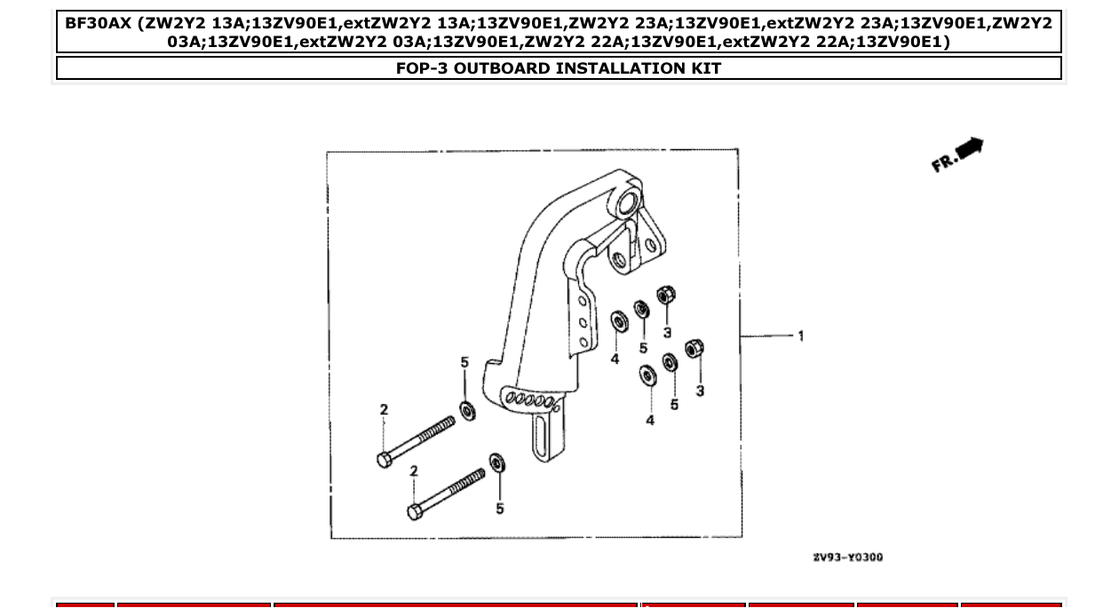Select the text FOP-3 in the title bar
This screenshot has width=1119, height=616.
421,68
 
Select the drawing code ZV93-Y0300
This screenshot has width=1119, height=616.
847,557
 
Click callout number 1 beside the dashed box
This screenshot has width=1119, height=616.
801,336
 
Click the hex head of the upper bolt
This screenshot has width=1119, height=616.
384,460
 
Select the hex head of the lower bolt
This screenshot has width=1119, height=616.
414,511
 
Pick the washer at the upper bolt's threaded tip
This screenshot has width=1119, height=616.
466,410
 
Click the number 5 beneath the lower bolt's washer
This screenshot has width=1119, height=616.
500,509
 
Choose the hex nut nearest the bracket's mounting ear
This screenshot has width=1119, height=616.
665,294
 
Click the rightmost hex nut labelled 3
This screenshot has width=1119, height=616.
695,349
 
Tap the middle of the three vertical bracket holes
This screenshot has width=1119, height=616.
583,324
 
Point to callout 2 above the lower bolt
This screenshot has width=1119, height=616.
413,470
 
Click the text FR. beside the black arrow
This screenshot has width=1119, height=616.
942,163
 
